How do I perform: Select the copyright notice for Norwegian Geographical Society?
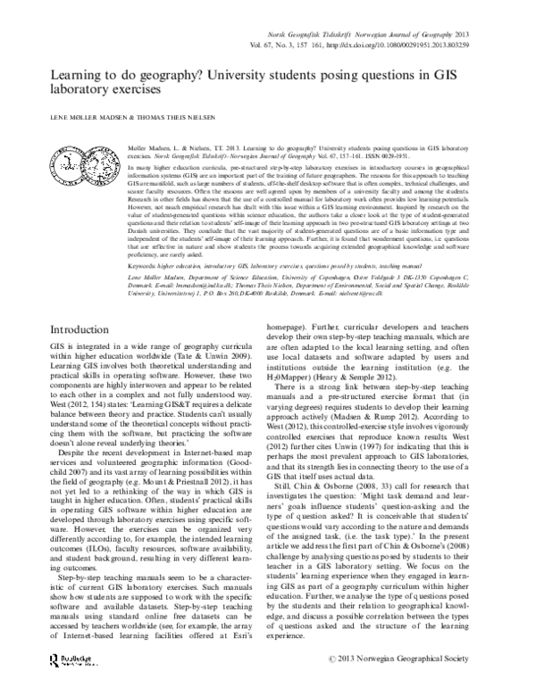[x=430, y=684]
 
